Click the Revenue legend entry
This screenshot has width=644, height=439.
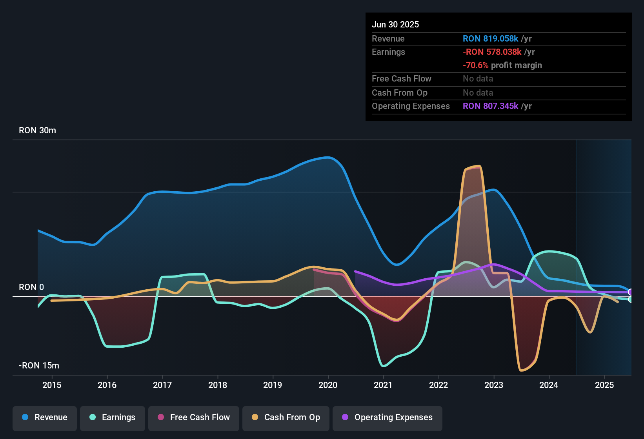[45, 417]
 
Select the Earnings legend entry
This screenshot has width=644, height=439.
[113, 417]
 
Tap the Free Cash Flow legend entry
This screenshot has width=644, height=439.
[194, 417]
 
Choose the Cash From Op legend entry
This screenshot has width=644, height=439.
[286, 417]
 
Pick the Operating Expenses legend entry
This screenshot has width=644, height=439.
[387, 417]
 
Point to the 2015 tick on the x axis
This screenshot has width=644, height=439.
[52, 385]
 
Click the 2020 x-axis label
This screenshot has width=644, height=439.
[328, 385]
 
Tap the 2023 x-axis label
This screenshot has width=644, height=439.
[494, 385]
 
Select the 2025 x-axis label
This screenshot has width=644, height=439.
[604, 385]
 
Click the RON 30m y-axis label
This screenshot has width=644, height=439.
[37, 131]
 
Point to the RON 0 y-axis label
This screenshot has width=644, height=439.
[31, 287]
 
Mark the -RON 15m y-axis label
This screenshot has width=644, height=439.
[39, 366]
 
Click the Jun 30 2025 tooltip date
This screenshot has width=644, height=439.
[395, 25]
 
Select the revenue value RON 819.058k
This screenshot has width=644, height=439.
[490, 39]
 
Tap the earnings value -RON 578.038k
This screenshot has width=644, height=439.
[492, 52]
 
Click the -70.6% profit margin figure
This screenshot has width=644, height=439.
[475, 65]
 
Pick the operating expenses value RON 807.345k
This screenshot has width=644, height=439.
[490, 106]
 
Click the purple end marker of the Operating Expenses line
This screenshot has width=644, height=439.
[631, 292]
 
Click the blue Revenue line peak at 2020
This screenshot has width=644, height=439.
[328, 157]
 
